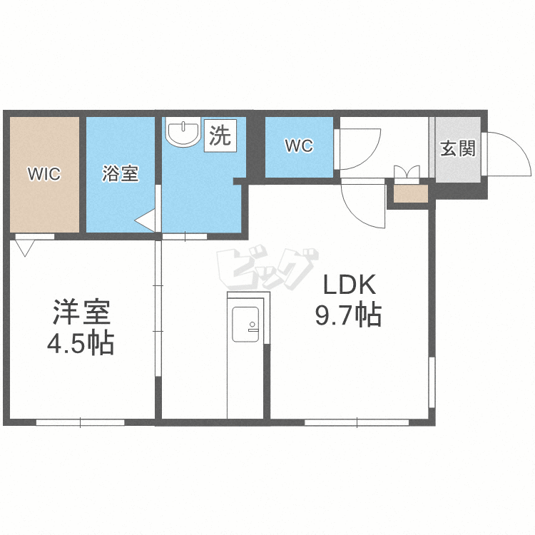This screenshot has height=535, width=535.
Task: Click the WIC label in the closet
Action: tap(44, 174)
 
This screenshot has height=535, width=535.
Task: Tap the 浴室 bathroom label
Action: tap(121, 173)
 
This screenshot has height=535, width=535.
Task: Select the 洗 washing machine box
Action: tap(220, 136)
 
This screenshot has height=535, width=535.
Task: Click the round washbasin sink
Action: tap(183, 133)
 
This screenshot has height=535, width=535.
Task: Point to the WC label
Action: tap(299, 146)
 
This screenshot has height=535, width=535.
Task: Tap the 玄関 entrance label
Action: tap(458, 149)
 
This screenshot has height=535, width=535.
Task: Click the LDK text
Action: tap(349, 285)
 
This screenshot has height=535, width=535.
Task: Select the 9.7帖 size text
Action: tap(348, 315)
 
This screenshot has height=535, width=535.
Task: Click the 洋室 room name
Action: tap(81, 312)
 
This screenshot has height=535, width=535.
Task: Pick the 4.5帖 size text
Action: tap(81, 343)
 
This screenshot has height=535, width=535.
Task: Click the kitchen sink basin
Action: tap(245, 324)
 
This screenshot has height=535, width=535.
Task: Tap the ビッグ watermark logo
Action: tap(267, 267)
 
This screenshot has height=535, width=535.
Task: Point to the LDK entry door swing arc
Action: tap(357, 214)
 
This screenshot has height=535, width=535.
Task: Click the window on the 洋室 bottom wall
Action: tap(81, 422)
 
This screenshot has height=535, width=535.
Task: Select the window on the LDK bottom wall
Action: tap(357, 422)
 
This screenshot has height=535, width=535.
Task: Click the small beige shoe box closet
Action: tap(411, 194)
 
